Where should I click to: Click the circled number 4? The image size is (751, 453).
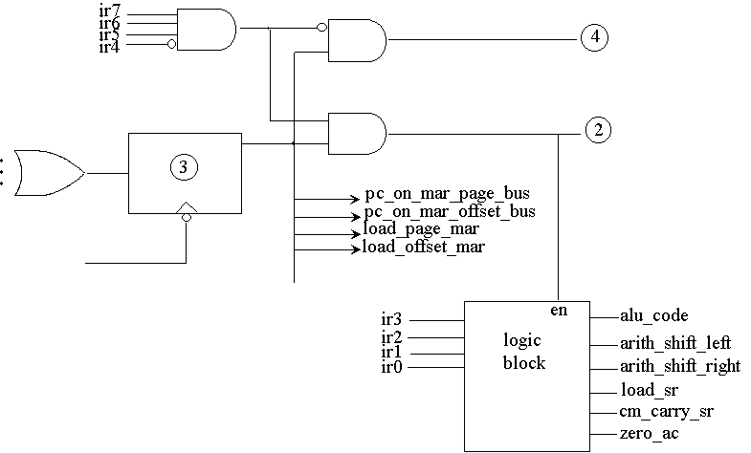594,38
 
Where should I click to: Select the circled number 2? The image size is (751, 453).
597,131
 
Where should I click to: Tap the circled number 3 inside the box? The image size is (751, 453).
185,166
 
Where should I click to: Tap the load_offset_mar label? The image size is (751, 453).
424,248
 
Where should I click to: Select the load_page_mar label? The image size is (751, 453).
420,229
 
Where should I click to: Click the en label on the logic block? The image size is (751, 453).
559,311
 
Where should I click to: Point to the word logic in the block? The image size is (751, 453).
523,341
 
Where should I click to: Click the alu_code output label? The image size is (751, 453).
654,315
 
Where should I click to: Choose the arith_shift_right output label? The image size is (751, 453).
679,366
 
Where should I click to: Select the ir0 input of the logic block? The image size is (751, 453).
391,368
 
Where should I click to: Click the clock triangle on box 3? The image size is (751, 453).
186,208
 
